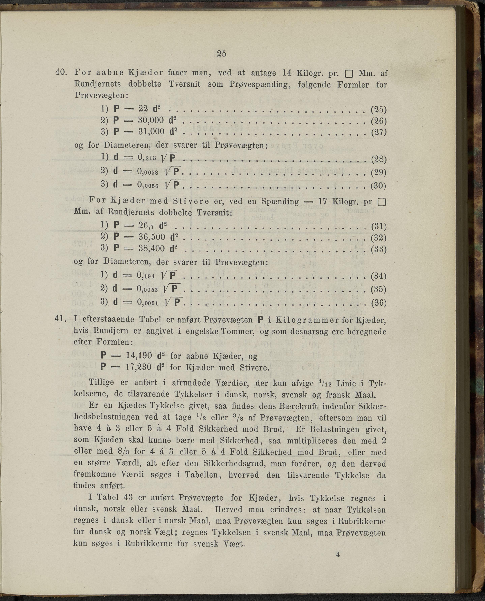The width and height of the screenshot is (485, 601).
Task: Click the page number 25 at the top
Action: tap(221, 53)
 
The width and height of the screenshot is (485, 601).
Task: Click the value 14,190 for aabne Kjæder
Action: tap(139, 355)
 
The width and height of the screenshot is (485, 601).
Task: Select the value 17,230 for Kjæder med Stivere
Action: tap(139, 367)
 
